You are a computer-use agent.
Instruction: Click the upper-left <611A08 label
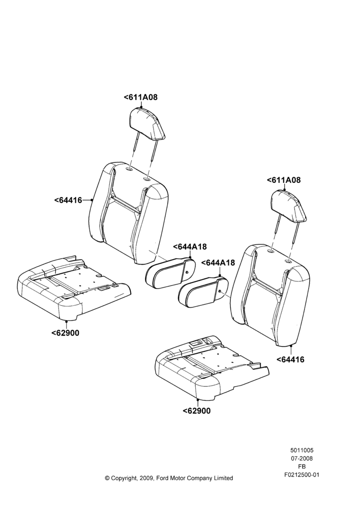click(141, 97)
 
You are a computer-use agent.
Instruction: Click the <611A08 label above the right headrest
click(284, 180)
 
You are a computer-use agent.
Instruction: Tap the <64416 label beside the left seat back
click(68, 200)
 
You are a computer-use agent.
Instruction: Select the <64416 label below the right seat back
click(290, 359)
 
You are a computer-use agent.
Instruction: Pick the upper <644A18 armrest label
click(190, 246)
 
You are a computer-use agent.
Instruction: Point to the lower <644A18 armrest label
click(218, 263)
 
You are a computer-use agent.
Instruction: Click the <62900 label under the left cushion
click(65, 333)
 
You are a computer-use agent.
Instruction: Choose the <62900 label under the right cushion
click(197, 411)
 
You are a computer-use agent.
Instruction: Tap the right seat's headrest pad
click(288, 206)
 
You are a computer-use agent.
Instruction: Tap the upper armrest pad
click(171, 273)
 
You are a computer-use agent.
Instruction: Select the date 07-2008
click(302, 458)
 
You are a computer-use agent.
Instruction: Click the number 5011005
click(302, 450)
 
